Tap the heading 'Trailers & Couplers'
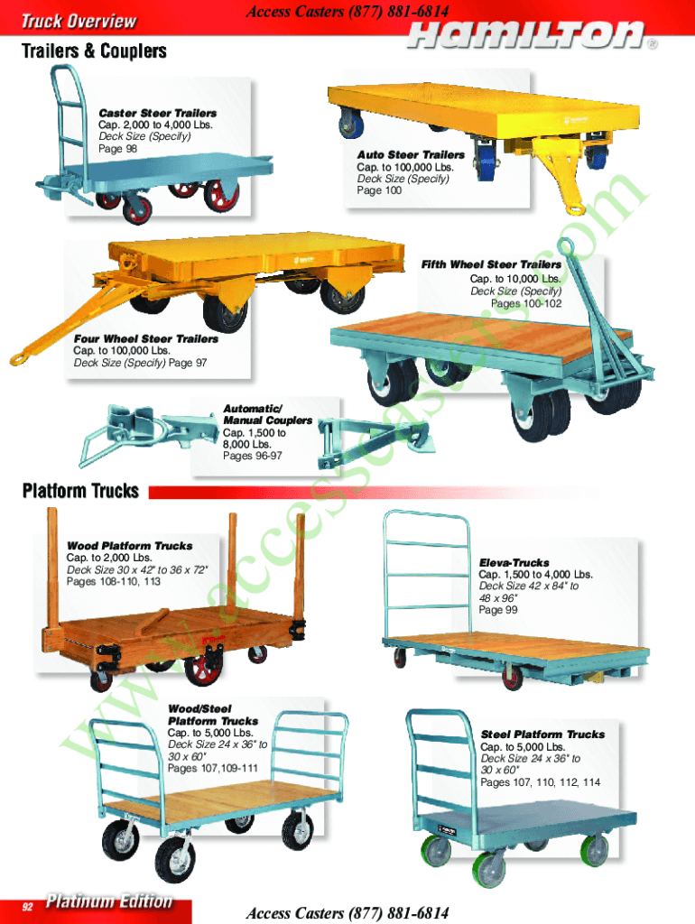coord(94,51)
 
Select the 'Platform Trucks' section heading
coord(80,491)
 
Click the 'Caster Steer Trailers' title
coord(157,113)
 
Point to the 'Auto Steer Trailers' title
coord(411,155)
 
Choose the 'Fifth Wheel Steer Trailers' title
coord(491,264)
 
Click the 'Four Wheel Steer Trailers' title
coord(145,339)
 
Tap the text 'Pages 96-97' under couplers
coord(253,456)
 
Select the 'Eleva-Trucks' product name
coord(514,563)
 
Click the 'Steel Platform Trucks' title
coord(542,735)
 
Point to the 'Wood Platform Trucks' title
coord(130,546)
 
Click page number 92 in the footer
coord(28,906)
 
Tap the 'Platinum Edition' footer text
coord(109,901)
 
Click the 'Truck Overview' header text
coord(79,22)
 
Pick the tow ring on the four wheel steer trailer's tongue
coord(20,357)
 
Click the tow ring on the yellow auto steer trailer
coord(573,208)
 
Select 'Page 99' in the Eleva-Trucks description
coord(498,610)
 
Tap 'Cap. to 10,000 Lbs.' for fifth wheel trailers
coord(515,279)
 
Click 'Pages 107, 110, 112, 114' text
coord(540,782)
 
